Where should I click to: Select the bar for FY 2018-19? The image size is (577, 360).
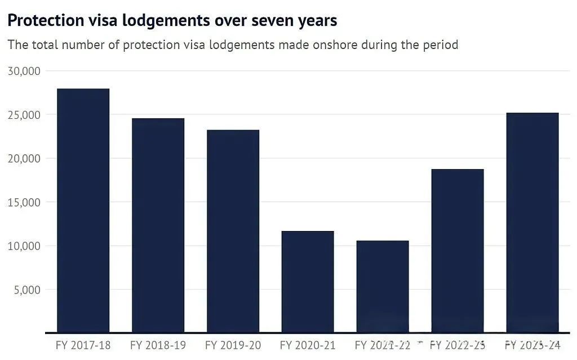(158, 225)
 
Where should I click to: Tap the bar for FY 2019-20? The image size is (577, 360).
(233, 231)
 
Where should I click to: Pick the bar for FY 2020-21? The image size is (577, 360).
(308, 282)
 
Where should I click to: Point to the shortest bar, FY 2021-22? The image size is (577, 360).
(383, 286)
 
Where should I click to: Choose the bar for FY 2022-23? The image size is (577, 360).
(458, 251)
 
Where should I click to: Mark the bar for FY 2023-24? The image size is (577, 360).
(532, 223)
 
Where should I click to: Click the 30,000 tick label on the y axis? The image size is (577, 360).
(24, 71)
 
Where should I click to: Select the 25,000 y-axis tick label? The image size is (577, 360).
(24, 115)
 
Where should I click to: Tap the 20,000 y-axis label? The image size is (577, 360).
(24, 159)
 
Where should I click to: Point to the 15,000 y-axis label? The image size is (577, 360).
(24, 202)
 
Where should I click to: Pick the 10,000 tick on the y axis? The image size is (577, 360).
(24, 246)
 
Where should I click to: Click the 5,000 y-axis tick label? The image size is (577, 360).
(26, 290)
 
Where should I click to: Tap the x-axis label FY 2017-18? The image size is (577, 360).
(83, 344)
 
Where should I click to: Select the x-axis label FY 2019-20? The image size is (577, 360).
(233, 344)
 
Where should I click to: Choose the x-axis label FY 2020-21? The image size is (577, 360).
(308, 344)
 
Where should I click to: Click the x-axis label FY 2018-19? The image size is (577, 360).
(158, 344)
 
